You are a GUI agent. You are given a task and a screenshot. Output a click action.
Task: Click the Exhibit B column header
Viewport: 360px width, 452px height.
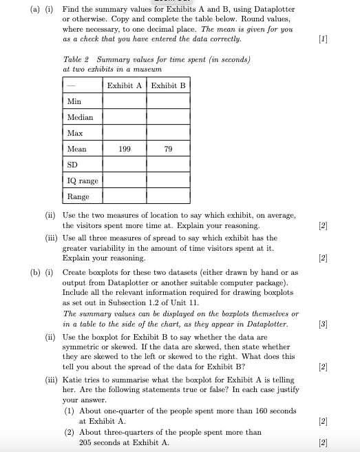point(168,85)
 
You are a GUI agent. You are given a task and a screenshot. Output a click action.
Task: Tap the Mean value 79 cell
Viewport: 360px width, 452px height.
point(168,148)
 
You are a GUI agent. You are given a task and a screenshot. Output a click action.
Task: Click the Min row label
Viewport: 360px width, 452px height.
point(74,101)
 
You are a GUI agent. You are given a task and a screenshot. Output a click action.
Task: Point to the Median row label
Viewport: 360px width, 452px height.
point(80,117)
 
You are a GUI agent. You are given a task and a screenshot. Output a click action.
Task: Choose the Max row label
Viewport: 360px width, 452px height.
point(75,132)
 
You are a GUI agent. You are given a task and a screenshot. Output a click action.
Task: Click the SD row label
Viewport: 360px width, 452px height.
point(73,164)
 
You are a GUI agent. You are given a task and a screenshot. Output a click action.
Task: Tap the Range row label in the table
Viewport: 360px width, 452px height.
point(77,196)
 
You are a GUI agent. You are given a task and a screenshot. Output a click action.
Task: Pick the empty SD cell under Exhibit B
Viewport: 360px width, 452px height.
point(168,164)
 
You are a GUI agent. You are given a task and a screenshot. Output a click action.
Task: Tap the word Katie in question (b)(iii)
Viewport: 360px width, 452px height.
point(73,379)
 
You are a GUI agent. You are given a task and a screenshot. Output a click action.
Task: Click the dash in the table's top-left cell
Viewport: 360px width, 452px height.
point(71,85)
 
